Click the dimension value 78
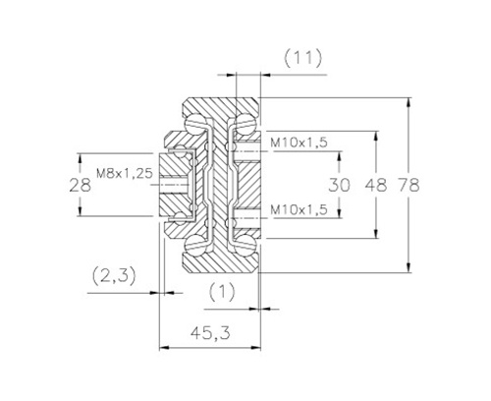pos(409,185)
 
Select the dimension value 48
pos(376,185)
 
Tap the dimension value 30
pos(339,185)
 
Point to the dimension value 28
pos(81,185)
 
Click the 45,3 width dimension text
pos(211,333)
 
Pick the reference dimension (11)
pos(302,59)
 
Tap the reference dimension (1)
pos(222,292)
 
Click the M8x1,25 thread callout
pos(125,173)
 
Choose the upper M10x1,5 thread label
pos(299,143)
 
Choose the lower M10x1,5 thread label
pos(299,209)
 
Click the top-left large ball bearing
pos(195,124)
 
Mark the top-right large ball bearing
pos(246,124)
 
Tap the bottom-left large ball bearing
pos(195,246)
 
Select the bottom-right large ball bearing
pos(246,246)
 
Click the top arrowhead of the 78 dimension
pos(409,102)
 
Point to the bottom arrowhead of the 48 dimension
pos(376,234)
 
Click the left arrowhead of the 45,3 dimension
pos(164,347)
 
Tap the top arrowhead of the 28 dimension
pos(80,158)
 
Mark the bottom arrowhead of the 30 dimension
pos(340,213)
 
